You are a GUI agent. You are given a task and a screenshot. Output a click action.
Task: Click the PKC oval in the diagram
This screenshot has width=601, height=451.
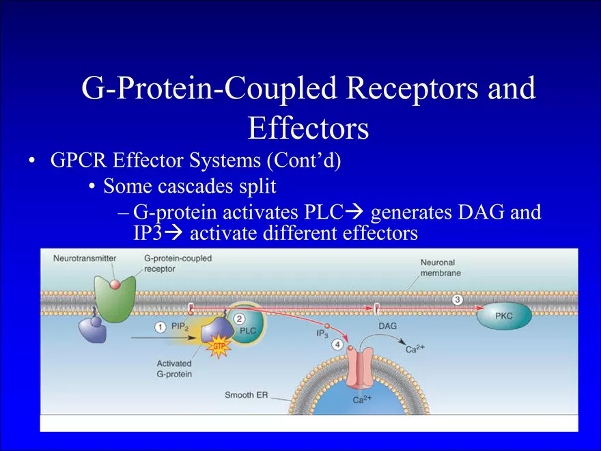[x=503, y=316]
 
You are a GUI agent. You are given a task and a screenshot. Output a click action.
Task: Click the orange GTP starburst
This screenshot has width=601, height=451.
[x=219, y=346]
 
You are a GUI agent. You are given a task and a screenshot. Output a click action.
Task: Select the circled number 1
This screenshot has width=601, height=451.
[x=160, y=327]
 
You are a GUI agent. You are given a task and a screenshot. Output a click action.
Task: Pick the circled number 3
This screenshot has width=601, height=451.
[x=457, y=299]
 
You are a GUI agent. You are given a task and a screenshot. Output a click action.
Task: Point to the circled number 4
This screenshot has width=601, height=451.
[x=337, y=345]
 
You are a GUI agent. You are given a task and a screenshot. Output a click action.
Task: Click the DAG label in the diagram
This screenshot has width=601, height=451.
[x=387, y=326]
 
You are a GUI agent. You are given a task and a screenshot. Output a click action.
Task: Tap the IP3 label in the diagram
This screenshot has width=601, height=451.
[x=322, y=333]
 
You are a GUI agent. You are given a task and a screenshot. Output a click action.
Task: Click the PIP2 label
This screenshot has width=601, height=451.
[x=180, y=327]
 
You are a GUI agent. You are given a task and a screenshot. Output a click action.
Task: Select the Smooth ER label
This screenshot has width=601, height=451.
[x=246, y=395]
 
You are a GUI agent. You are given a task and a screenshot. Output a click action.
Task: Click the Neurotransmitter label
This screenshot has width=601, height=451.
[x=85, y=258]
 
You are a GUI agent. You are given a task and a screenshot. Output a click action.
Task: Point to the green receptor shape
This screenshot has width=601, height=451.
[x=115, y=298]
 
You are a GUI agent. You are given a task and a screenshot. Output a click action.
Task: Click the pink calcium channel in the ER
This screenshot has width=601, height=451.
[x=359, y=368]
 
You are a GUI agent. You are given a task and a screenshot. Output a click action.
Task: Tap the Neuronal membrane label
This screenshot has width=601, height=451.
[x=441, y=268]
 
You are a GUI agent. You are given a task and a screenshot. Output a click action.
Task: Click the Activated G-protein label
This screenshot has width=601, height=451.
[x=174, y=368]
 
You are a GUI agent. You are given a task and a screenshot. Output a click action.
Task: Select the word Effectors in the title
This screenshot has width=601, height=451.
[x=308, y=128]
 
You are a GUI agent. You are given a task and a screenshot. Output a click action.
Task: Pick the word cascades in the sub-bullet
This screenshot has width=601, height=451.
[x=195, y=187]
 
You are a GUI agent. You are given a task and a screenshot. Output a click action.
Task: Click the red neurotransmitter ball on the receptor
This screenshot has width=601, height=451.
[x=115, y=284]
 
